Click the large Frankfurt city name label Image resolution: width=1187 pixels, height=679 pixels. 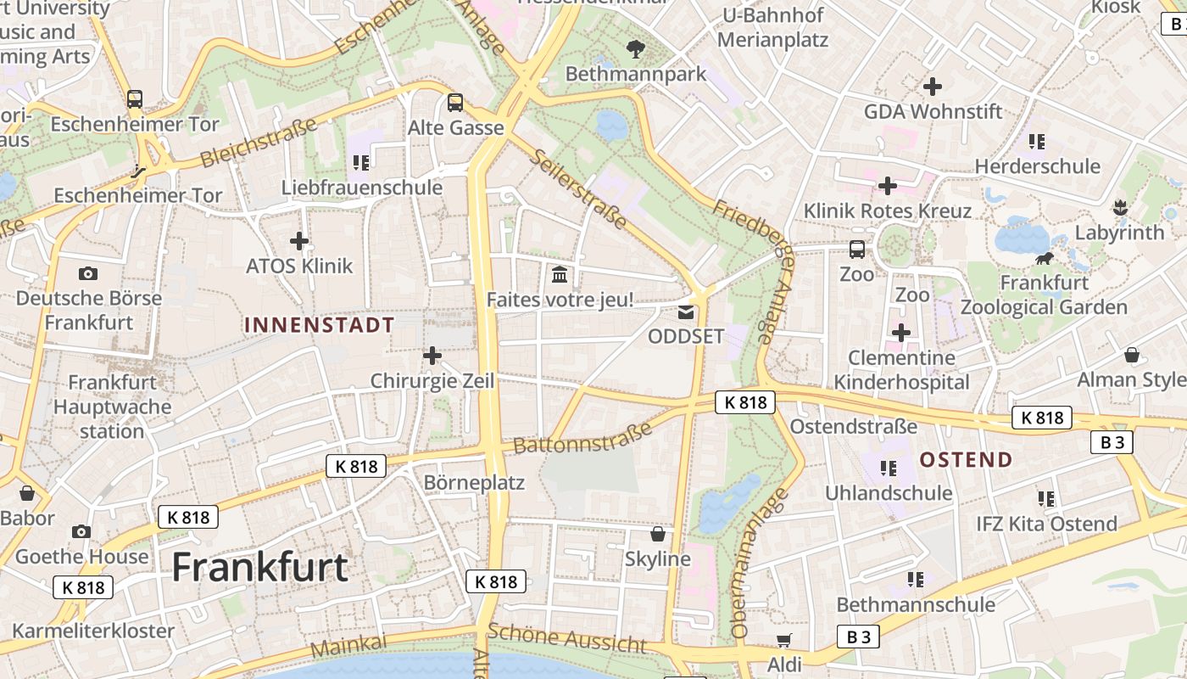(x=260, y=567)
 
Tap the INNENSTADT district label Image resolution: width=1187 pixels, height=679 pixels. (x=319, y=325)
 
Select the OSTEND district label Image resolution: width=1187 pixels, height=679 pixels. (x=966, y=460)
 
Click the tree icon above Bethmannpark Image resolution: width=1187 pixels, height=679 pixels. (x=635, y=49)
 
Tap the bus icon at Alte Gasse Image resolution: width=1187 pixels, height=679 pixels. (x=455, y=103)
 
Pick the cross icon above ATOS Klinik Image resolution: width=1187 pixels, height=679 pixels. (x=299, y=241)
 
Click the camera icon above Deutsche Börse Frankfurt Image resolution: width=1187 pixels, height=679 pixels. (x=87, y=273)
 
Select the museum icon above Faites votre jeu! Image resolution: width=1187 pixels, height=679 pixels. (x=560, y=274)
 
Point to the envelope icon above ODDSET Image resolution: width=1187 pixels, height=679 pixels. (x=685, y=311)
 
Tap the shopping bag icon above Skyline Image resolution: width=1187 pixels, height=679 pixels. (x=657, y=534)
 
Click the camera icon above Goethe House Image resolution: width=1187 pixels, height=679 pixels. (x=81, y=531)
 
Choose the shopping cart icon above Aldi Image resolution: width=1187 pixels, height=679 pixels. (x=783, y=640)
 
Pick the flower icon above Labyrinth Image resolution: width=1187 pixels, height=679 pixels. (x=1119, y=207)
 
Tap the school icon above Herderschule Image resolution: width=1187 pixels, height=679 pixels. (x=1036, y=141)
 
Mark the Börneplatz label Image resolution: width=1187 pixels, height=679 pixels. (x=474, y=483)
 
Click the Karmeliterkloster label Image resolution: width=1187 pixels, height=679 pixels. (x=93, y=631)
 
